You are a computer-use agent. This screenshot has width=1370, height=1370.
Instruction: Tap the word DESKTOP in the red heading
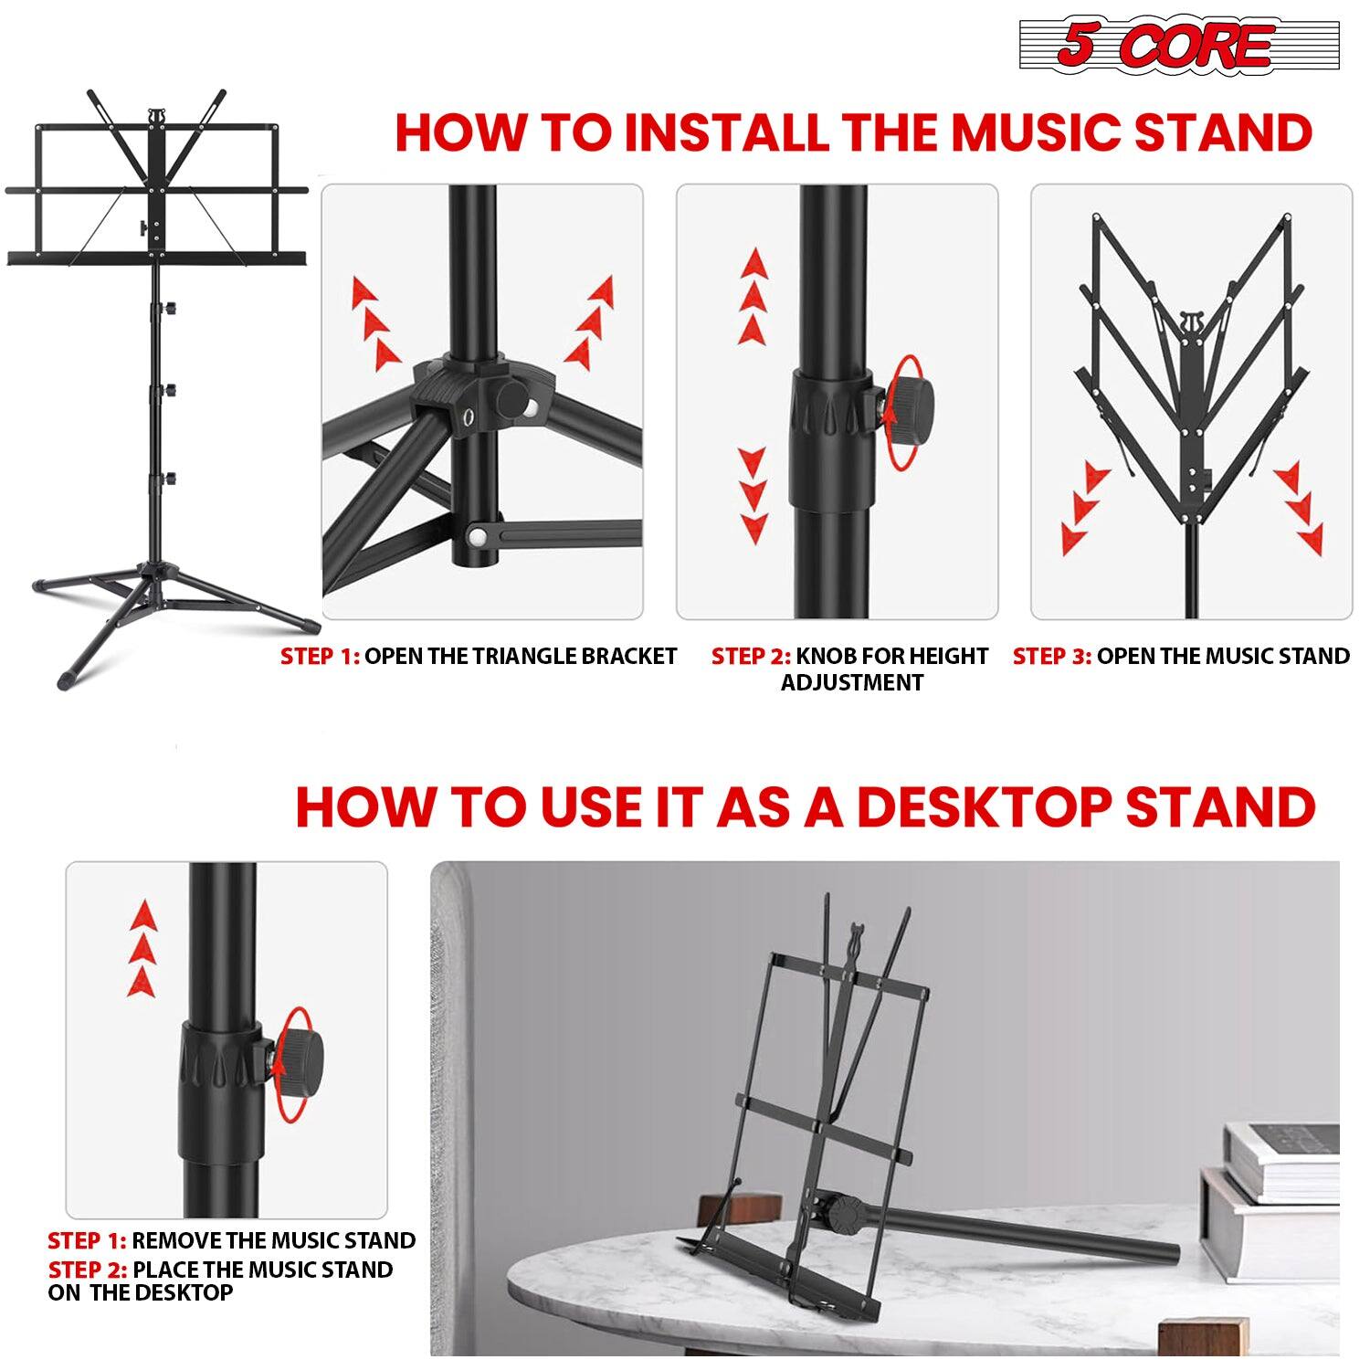[x=984, y=806]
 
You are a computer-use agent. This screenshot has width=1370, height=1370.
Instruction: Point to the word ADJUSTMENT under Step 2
[x=851, y=683]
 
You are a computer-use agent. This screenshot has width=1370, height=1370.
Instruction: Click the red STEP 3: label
[x=1051, y=657]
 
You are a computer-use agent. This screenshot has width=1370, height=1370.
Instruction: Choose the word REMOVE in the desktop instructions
[x=177, y=1240]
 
